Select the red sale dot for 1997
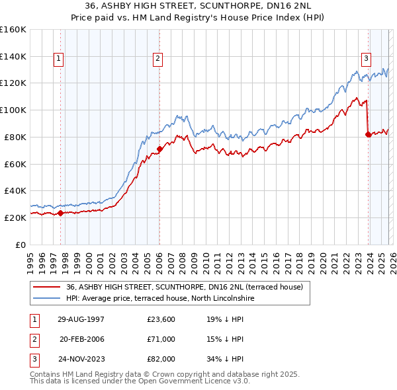point(60,213)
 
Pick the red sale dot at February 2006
point(159,149)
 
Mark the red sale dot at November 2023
point(368,134)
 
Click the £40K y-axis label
point(15,190)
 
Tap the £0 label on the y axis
point(21,245)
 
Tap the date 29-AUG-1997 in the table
point(81,319)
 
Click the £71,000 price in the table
point(161,339)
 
